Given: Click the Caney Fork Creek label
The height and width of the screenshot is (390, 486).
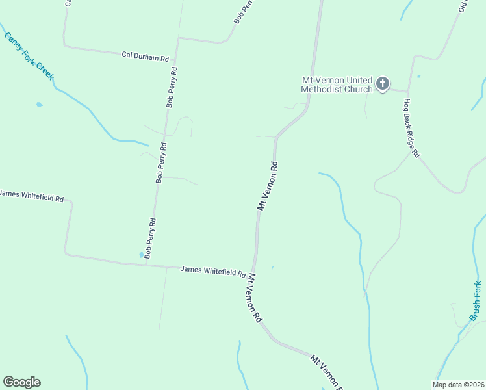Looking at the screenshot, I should tap(29, 56).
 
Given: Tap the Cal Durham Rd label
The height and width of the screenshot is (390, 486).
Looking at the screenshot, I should tap(146, 56).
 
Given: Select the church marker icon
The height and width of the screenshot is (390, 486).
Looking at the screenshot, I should tap(383, 83).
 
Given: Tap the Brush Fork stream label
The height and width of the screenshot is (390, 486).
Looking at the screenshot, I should tap(476, 300).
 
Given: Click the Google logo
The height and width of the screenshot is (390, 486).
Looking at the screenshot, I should tap(21, 382).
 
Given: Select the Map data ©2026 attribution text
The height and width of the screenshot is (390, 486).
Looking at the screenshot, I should tap(458, 385).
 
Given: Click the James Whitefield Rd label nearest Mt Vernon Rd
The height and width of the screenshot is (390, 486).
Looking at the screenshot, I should tap(212, 270).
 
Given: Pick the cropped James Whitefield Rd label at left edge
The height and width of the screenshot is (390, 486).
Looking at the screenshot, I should tap(32, 194).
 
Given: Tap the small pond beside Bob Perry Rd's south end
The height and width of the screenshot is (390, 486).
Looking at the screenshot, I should tap(142, 255).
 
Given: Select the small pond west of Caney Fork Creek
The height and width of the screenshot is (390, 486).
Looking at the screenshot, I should tap(40, 104).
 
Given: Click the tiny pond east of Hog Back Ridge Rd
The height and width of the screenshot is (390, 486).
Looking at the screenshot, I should tap(418, 77).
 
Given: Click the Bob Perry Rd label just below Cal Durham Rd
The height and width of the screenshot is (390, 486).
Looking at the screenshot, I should tap(172, 87).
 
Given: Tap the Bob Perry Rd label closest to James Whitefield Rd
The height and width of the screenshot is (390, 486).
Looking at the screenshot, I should tap(151, 239).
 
